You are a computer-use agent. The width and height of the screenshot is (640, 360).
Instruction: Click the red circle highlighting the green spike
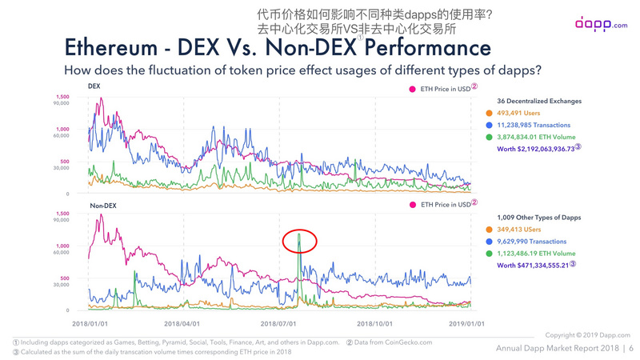click(x=300, y=241)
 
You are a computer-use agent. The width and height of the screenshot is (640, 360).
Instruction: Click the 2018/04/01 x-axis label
click(x=182, y=323)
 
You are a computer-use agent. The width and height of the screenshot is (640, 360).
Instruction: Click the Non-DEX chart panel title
click(x=103, y=206)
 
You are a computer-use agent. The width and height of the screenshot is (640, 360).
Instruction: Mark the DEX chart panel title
click(x=94, y=85)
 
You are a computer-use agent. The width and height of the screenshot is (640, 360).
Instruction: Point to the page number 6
click(x=631, y=348)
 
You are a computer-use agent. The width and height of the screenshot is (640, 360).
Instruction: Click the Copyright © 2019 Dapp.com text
click(x=587, y=334)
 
